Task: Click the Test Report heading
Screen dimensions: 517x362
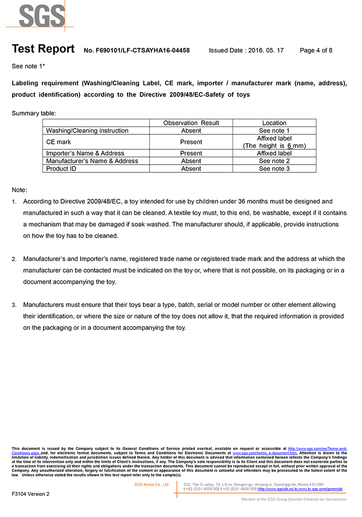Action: click(43, 49)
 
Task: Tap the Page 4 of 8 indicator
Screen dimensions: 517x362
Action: click(316, 51)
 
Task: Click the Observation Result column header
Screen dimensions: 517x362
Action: click(191, 123)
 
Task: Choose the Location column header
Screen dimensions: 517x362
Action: click(274, 123)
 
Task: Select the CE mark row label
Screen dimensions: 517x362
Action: click(59, 142)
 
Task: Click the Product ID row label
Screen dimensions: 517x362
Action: click(61, 169)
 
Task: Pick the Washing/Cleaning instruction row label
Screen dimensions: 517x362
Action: click(87, 131)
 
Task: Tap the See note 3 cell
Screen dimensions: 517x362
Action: click(274, 169)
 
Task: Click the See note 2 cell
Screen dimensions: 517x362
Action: click(274, 161)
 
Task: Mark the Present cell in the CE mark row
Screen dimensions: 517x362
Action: click(191, 142)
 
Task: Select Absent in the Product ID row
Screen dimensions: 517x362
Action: click(191, 169)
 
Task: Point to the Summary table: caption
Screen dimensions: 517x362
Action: click(34, 113)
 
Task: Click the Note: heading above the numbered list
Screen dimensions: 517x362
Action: click(19, 190)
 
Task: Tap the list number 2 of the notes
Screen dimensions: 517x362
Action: click(14, 259)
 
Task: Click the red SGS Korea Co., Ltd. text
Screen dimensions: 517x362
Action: click(152, 484)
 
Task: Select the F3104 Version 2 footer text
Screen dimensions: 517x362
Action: click(30, 494)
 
